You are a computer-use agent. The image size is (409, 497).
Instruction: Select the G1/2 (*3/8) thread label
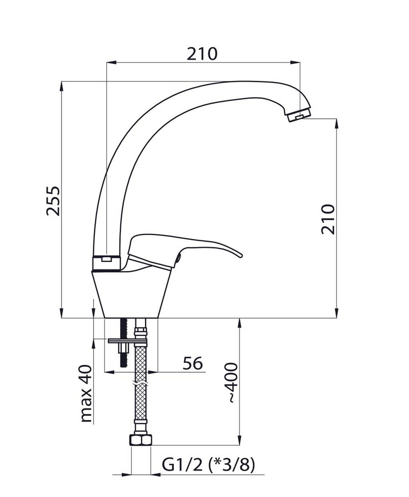208,465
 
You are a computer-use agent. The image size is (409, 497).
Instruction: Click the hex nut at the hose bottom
141,440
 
